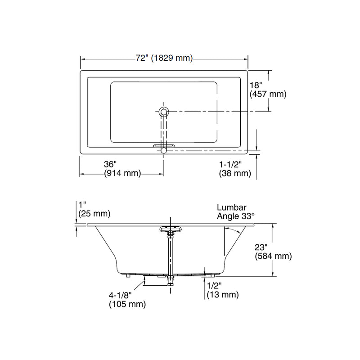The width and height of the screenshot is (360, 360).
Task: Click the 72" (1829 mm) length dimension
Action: pos(164,58)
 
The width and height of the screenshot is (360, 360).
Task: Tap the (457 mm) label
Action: pos(268,94)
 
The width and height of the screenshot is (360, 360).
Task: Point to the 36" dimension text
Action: pos(110,164)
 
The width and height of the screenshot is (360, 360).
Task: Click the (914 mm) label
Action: pos(122,173)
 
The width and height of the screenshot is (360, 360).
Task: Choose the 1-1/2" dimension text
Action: pos(230,164)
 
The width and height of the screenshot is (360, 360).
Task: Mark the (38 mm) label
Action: pos(234,173)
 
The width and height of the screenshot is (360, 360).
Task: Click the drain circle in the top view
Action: pos(164,111)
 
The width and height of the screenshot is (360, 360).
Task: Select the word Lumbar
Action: pos(230,208)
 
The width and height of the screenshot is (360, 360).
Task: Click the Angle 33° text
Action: pos(236,216)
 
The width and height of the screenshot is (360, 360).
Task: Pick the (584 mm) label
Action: pos(273,256)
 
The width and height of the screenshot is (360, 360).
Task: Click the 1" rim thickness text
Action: pos(81,205)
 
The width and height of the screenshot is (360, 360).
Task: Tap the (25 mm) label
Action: pos(94,213)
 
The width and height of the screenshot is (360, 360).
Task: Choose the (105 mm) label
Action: pos(127,305)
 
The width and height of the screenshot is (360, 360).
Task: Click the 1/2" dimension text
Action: pos(215,286)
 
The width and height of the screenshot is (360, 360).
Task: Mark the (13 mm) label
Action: pos(222,295)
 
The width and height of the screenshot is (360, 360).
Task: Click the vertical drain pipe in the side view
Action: pos(171,256)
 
